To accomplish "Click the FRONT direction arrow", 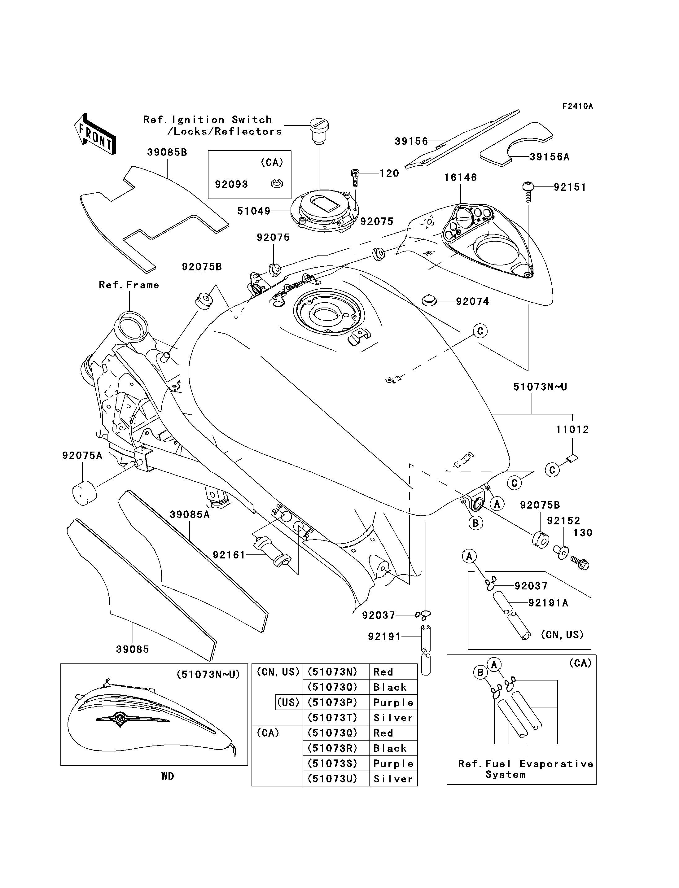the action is pyautogui.click(x=95, y=134).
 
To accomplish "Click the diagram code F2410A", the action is pyautogui.click(x=578, y=106).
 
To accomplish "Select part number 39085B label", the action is pyautogui.click(x=167, y=152).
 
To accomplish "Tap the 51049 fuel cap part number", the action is pyautogui.click(x=253, y=211).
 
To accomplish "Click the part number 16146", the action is pyautogui.click(x=460, y=177).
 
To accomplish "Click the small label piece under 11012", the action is pyautogui.click(x=572, y=458).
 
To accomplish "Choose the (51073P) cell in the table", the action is pyautogui.click(x=333, y=702).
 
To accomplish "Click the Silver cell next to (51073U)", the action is pyautogui.click(x=393, y=779).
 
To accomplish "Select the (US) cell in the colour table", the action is pyautogui.click(x=289, y=702).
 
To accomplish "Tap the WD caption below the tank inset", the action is pyautogui.click(x=167, y=776).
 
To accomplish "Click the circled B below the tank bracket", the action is pyautogui.click(x=475, y=523).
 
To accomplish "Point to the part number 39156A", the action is pyautogui.click(x=549, y=157).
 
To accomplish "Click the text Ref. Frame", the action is pyautogui.click(x=129, y=285).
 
